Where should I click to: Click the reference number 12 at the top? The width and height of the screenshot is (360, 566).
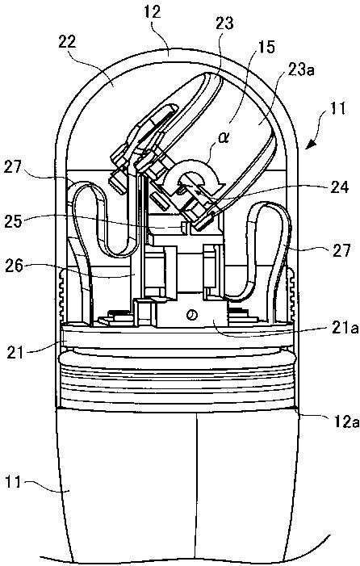coord(153,13)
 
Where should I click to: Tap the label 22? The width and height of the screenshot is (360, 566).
coord(66,42)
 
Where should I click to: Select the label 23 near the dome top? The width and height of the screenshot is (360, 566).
coord(224,24)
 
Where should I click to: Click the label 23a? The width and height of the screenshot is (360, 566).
coord(300,70)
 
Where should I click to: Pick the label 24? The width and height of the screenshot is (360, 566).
coord(340,187)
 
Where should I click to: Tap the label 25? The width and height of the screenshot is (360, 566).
coord(14,221)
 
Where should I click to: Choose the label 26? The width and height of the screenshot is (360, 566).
coord(14,266)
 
